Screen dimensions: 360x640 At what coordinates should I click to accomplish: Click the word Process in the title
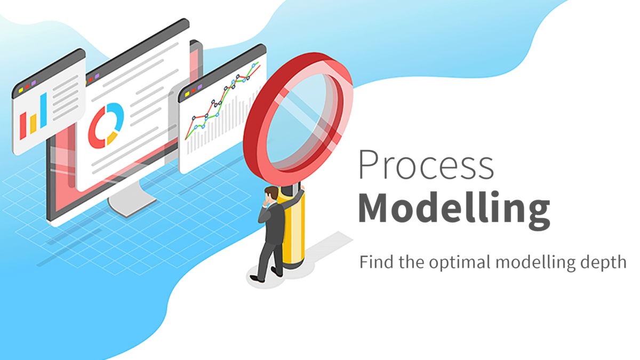[426, 165]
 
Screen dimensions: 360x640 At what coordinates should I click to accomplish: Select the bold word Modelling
[453, 209]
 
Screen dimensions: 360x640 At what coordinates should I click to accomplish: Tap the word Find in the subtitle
[373, 262]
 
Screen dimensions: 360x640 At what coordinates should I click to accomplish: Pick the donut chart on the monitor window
[106, 125]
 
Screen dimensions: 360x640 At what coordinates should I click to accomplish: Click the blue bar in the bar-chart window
[43, 111]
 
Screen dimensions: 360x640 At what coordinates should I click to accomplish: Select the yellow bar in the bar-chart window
[33, 124]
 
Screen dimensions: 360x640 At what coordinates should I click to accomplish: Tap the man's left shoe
[257, 278]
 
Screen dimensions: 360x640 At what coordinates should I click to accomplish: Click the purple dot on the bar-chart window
[34, 83]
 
